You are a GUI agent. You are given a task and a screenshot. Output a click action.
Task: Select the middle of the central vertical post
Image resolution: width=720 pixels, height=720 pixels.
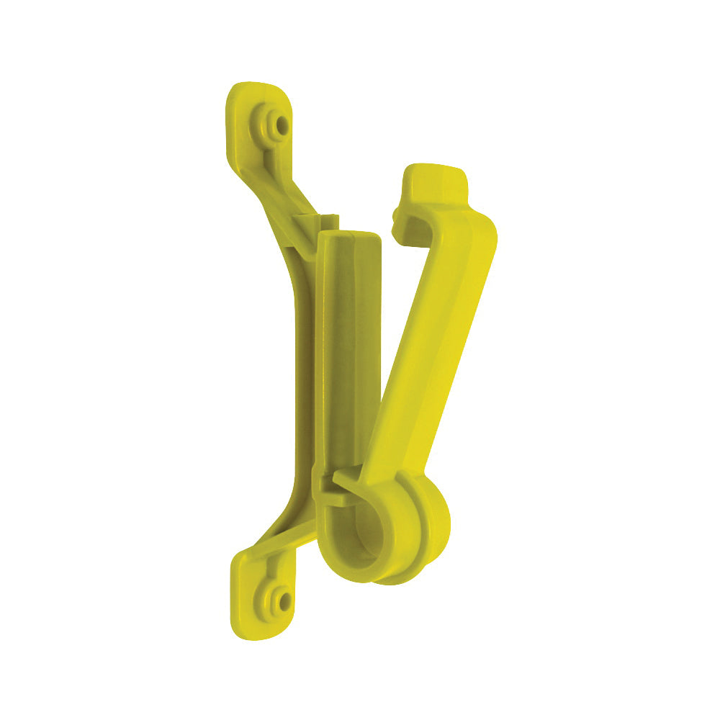(351, 360)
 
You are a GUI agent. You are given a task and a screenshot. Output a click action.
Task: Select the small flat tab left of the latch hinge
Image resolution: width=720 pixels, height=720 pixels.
(325, 482)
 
